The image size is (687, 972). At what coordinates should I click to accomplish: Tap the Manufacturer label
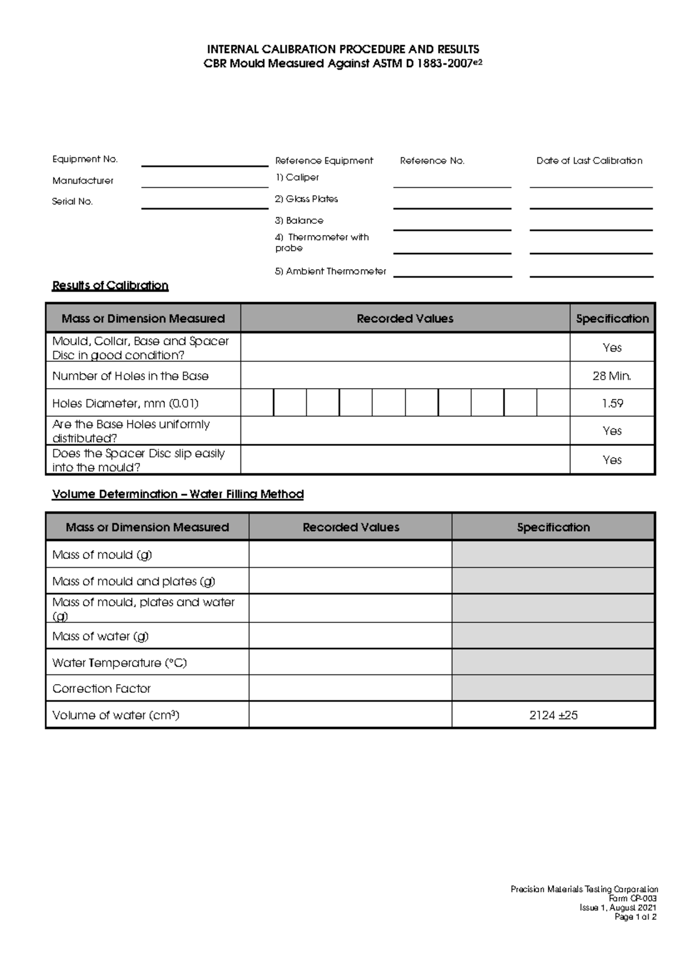83,181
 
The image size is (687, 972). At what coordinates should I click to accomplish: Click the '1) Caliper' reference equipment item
297,177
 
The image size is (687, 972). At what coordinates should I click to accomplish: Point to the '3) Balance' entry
299,220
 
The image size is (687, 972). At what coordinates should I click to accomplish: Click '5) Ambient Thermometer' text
330,271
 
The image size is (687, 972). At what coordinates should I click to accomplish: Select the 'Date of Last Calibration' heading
589,161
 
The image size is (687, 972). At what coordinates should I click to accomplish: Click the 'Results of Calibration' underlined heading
110,286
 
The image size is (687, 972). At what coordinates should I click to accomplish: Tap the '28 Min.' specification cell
612,376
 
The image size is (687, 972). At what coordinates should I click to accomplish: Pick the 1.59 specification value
612,404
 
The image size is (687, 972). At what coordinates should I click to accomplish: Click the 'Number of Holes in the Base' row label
131,376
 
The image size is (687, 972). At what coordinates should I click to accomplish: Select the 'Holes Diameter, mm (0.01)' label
125,404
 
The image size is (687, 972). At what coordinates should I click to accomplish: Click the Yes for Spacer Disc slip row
612,460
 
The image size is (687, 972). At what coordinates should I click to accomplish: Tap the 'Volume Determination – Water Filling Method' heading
177,494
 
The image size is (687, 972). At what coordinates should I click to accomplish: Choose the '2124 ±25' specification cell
553,715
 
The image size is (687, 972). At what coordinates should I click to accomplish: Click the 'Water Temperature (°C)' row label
120,663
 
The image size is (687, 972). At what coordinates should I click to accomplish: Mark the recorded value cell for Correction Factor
350,689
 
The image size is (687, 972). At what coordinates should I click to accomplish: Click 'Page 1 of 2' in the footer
635,917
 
